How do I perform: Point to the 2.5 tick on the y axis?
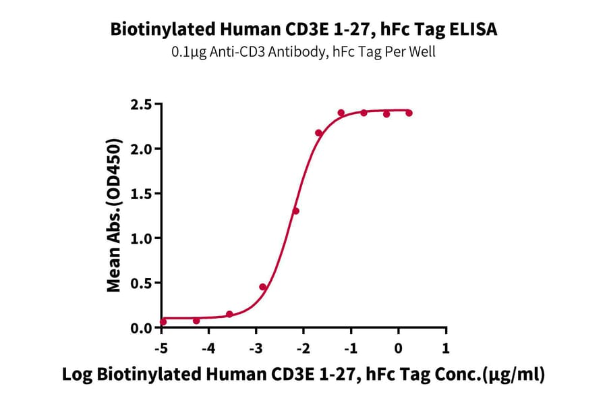144,104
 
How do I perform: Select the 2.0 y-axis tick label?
144,149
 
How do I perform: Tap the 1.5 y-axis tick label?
144,194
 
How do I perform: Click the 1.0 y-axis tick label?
144,238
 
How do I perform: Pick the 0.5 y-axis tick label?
144,283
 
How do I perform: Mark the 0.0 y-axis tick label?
144,328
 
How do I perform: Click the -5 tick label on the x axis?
161,348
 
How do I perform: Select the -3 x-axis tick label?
256,348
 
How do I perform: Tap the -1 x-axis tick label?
350,348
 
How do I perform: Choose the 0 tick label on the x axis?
398,348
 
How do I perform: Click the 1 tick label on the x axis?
445,348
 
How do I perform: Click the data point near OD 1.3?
295,211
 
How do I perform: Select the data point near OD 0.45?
263,287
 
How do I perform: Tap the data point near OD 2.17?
319,133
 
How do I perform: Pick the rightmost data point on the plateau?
409,113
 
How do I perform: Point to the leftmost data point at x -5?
163,321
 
